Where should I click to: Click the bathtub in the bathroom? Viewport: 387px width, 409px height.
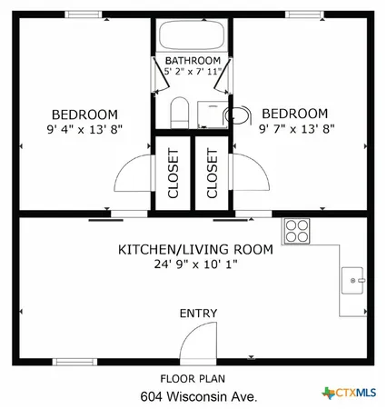tap(192, 37)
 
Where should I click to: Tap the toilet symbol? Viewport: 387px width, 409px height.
tap(178, 114)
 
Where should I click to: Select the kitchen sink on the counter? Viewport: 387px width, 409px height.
tap(352, 281)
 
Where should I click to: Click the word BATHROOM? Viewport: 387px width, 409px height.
tap(192, 61)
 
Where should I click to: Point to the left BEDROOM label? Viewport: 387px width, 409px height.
tap(84, 114)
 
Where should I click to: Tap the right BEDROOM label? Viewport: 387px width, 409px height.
tap(294, 114)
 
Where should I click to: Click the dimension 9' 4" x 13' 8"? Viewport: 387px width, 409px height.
tap(84, 129)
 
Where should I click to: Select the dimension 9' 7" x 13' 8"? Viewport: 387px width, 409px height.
tap(294, 129)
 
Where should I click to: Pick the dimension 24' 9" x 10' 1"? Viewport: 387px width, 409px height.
tap(196, 265)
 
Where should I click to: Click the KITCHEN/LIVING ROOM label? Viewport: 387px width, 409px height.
tap(196, 250)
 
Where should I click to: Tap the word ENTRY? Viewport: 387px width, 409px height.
tap(197, 314)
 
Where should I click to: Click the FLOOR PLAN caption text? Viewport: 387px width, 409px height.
tap(193, 378)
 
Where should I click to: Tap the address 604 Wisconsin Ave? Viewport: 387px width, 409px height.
tap(197, 396)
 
